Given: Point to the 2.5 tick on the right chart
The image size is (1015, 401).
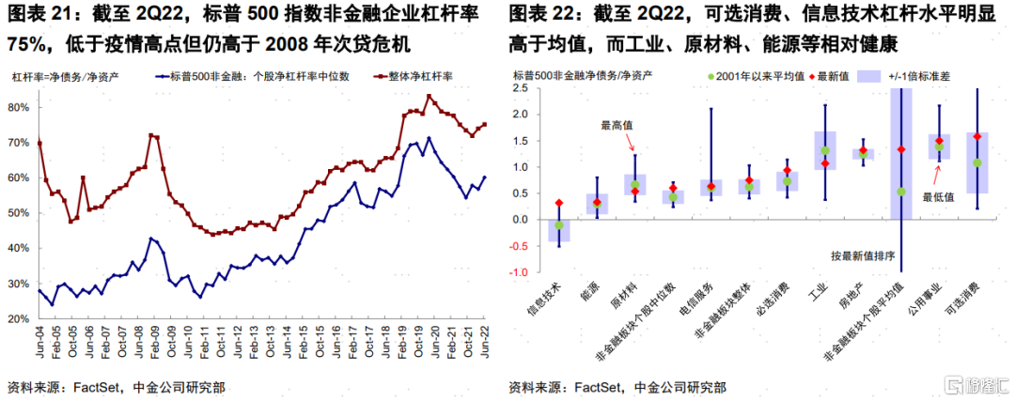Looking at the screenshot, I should point(527,88).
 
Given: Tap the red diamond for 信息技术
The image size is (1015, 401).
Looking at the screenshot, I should point(559,203).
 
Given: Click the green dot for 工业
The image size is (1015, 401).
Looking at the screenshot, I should point(825,150).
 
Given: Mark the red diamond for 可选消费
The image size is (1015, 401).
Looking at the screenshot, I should point(977,136).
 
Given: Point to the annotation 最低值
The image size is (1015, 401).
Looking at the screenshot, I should point(940,197).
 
